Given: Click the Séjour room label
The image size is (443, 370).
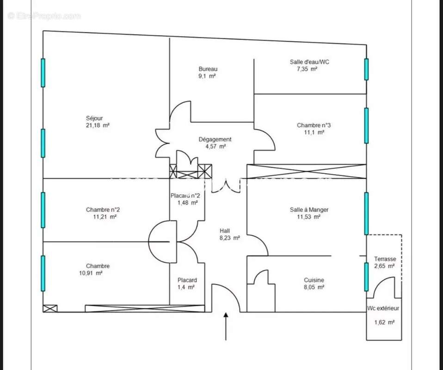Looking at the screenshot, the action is coord(94,118).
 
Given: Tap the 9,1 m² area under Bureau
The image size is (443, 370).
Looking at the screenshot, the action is coord(207,76).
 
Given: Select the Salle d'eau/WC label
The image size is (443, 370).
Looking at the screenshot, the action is coord(309,62).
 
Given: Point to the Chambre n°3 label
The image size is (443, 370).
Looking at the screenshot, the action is coord(314,125).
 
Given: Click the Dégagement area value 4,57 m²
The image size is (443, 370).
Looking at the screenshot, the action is coord(216,147).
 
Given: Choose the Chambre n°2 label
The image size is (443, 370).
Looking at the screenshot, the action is coord(103,210).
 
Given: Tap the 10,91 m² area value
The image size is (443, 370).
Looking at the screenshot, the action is coord(91,273).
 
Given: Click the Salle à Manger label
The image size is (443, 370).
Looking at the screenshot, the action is coord(309,210).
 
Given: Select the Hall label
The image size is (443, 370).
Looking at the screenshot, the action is coord(225,231).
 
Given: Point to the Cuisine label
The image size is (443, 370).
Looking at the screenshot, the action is coord(314,280).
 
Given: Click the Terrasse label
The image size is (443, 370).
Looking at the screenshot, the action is coord(385,259).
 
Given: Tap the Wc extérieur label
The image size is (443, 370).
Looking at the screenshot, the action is coord(383,308).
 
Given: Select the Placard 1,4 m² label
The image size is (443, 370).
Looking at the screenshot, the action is coord(187,284).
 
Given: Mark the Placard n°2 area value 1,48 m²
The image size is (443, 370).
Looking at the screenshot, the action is coord(188,203).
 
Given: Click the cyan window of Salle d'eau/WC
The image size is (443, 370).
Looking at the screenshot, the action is coord(366,69).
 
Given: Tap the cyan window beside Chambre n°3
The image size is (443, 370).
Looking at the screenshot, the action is coord(366,125).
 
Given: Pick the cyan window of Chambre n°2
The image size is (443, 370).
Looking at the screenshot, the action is coord(43,210).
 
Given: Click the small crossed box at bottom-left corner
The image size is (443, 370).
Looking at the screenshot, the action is coord(50,308).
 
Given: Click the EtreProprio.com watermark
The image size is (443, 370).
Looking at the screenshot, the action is coord(44,16).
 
